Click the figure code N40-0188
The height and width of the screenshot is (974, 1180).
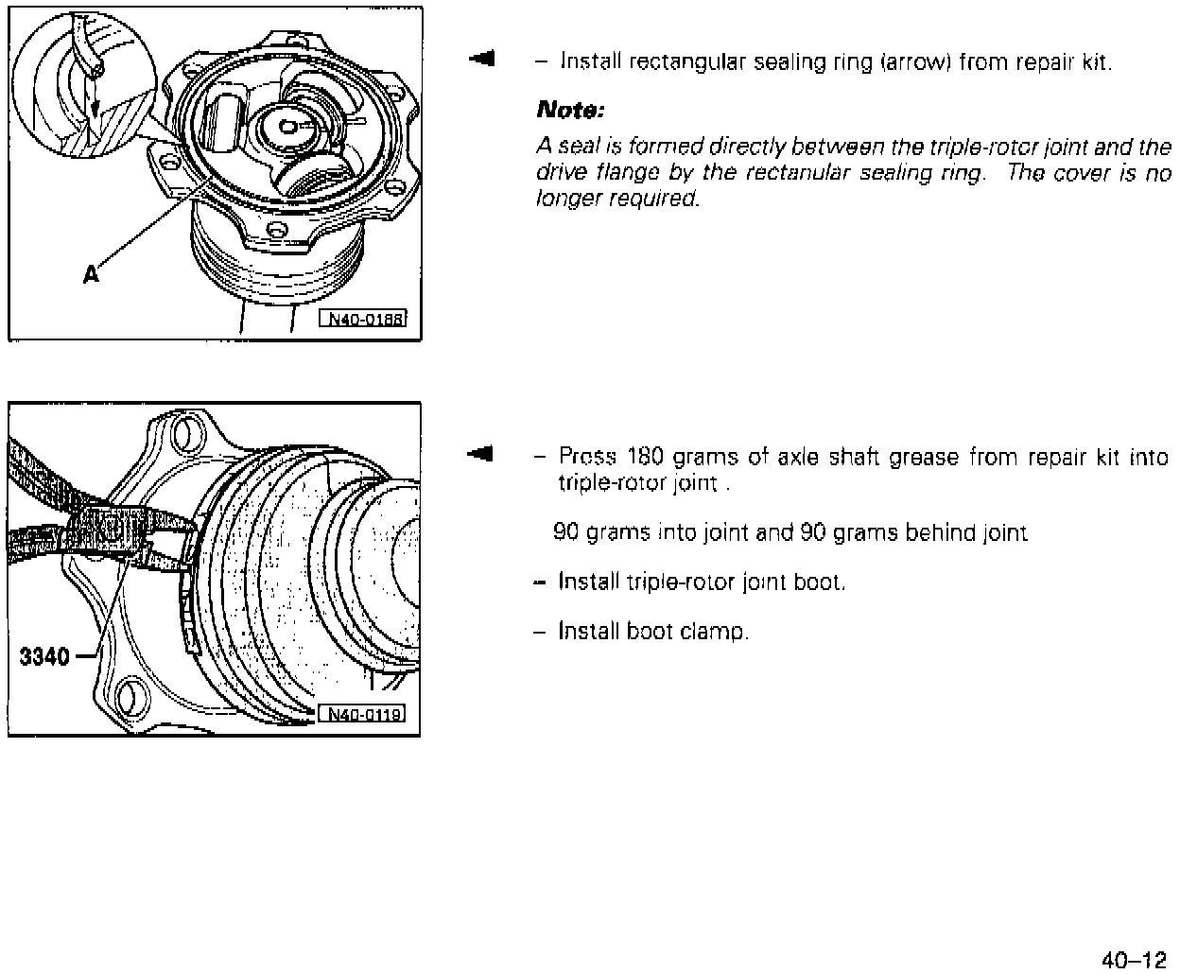366,319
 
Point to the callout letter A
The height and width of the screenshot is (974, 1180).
91,274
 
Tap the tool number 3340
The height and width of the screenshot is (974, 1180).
45,655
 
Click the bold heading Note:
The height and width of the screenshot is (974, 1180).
569,112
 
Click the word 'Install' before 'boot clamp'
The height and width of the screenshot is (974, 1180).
589,631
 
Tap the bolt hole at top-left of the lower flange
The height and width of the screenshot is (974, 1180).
188,432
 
